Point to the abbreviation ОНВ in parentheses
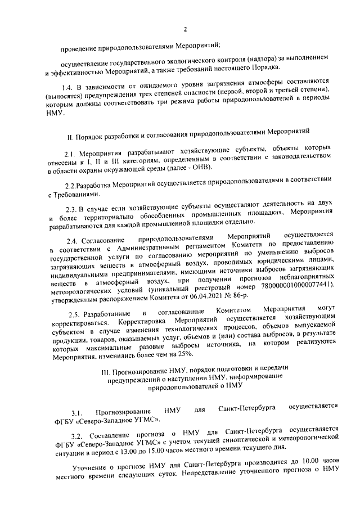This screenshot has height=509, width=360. pos(199,169)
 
